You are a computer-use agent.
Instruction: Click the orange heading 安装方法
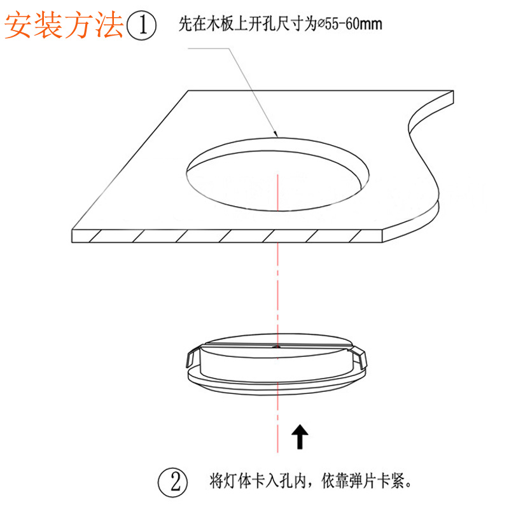click(x=64, y=25)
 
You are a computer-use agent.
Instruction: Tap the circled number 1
click(x=141, y=26)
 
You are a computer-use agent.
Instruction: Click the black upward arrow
click(x=299, y=438)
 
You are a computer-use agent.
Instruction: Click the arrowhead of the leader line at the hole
click(x=275, y=134)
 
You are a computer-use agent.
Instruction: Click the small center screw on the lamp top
click(x=277, y=347)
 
